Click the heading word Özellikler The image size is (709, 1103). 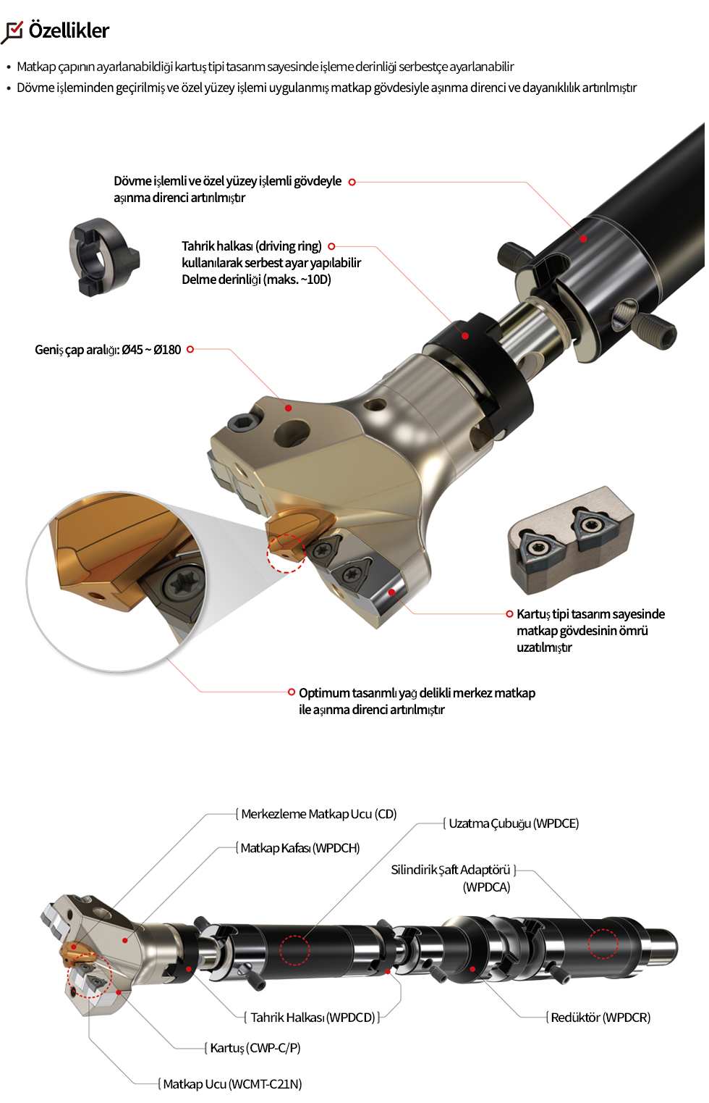69,30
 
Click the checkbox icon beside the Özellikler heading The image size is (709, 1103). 12,33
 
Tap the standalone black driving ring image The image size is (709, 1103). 104,257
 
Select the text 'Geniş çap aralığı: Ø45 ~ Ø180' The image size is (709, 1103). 108,350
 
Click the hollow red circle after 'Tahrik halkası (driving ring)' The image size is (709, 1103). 331,246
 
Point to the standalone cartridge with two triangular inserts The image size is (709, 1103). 572,540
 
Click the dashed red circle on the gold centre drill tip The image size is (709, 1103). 286,553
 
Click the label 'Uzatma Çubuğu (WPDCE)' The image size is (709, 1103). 514,823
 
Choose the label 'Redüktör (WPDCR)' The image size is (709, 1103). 600,1018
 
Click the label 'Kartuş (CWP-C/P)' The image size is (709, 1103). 255,1048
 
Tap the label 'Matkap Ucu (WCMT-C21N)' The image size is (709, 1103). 233,1083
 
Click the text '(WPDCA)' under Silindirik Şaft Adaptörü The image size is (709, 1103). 487,887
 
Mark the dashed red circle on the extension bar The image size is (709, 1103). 294,950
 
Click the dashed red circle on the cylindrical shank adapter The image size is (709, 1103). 603,944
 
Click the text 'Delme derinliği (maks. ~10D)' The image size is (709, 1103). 256,280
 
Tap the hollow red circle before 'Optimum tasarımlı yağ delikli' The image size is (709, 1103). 292,692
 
